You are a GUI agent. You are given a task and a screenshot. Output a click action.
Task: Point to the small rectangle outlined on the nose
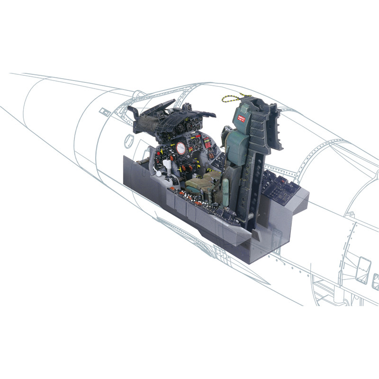point(102,112)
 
